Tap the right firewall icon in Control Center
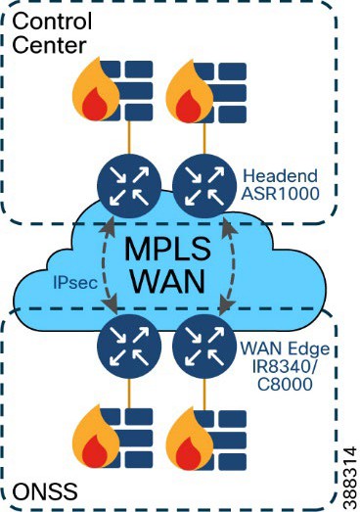[x=204, y=91]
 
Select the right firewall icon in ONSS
[x=204, y=447]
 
